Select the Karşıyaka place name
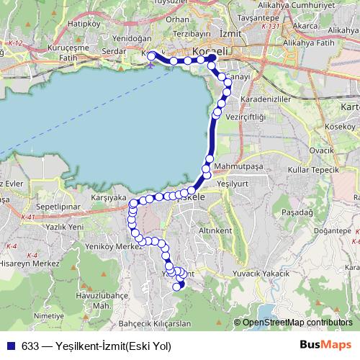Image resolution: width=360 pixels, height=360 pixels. pyautogui.click(x=109, y=197)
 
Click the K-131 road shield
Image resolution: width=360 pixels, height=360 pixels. pyautogui.click(x=271, y=26)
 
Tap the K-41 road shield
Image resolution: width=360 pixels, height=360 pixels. pyautogui.click(x=28, y=217)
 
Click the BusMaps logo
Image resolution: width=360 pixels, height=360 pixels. pyautogui.click(x=325, y=345)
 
